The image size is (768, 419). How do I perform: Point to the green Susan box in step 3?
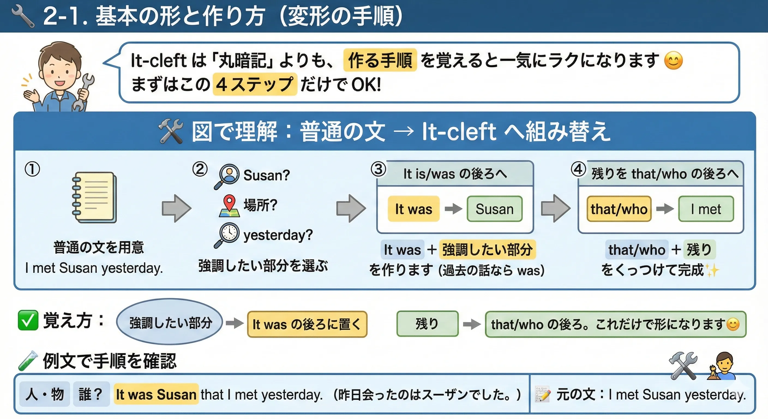[494, 209]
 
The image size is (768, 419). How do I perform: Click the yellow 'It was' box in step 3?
[413, 209]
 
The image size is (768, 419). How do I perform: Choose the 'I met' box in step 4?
[706, 209]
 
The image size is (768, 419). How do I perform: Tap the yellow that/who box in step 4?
[619, 209]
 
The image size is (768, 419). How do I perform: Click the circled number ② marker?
[200, 169]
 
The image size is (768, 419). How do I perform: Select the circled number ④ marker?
[578, 169]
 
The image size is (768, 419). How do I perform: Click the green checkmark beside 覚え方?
[28, 320]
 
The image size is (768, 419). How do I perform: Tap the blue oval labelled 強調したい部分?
[169, 322]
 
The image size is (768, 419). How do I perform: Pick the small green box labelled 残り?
[427, 324]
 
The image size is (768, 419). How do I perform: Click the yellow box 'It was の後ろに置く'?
[307, 324]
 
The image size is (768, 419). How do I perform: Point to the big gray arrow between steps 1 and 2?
[176, 208]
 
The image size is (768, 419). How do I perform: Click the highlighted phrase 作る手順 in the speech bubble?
[380, 60]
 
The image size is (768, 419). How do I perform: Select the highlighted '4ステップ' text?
[255, 84]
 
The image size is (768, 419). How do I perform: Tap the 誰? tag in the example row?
[91, 394]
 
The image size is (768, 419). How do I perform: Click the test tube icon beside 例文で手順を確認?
[28, 361]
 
